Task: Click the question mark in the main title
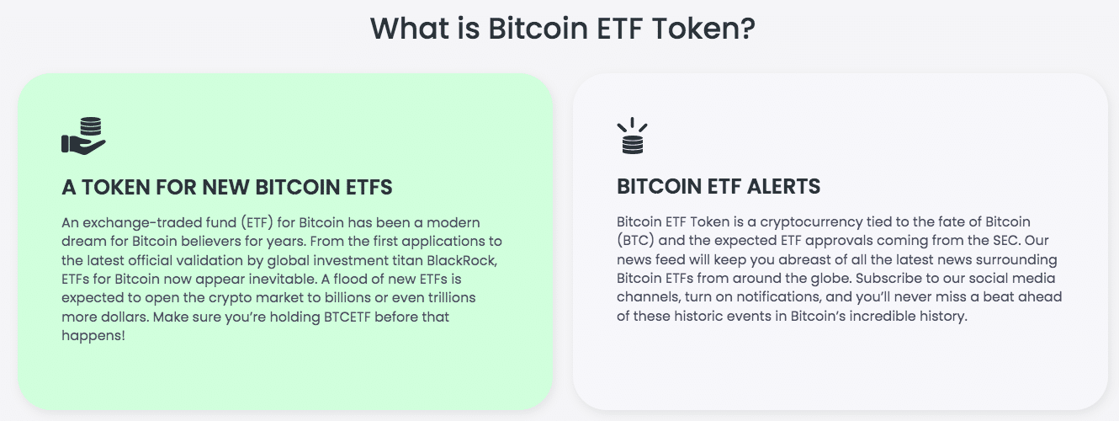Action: [x=747, y=28]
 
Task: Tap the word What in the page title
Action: [x=409, y=28]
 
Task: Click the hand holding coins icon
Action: [x=83, y=136]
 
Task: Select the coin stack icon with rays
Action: [x=633, y=136]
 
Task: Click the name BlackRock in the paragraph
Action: [x=462, y=260]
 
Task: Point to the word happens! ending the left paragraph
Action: [x=93, y=336]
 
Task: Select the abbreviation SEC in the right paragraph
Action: [x=1005, y=241]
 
